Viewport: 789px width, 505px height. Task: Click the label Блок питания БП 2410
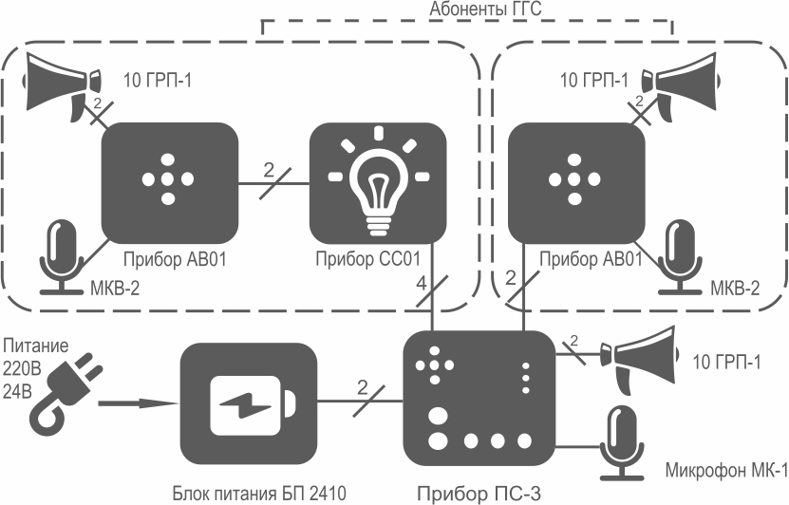(x=259, y=493)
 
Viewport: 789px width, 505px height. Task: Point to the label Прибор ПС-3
(x=479, y=494)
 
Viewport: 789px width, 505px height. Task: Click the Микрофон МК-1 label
(x=726, y=470)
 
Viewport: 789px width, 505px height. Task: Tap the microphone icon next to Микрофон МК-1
(x=623, y=442)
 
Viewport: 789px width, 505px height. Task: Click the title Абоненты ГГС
(x=485, y=9)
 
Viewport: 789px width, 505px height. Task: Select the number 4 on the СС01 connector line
(x=422, y=284)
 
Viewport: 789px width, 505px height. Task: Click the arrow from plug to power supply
(x=138, y=402)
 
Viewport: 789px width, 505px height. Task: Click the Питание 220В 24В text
(x=35, y=368)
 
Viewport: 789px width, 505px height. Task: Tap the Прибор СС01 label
(x=367, y=259)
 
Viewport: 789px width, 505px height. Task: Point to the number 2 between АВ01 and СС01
(x=270, y=171)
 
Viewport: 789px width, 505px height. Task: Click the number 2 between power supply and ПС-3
(x=363, y=388)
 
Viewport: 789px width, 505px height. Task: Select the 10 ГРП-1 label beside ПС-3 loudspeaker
(x=726, y=363)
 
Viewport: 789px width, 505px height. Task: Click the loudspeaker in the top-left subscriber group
(x=62, y=85)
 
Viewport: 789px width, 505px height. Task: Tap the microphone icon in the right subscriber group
(x=682, y=256)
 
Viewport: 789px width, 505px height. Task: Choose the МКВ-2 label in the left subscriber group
(x=115, y=289)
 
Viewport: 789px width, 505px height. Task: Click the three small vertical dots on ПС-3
(x=526, y=378)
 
